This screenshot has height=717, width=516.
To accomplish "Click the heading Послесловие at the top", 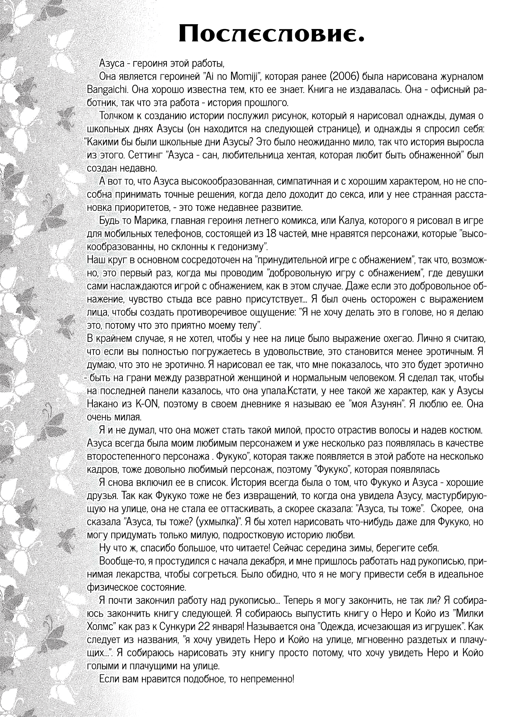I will coord(271,33).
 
